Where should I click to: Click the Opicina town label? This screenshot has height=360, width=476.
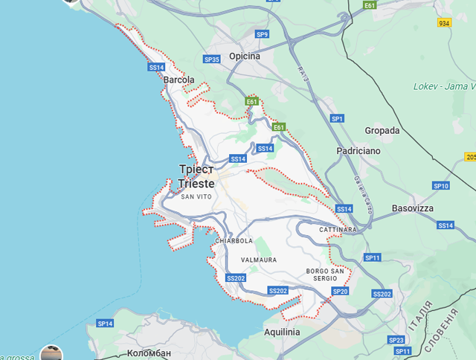[x=245, y=57]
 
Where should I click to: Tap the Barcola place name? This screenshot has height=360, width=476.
[x=178, y=80]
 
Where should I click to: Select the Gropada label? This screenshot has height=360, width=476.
[x=382, y=130]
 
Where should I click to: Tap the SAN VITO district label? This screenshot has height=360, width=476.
[x=197, y=196]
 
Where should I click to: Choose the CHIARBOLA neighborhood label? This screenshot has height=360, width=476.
[x=234, y=241]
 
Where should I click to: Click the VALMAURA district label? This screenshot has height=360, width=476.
[x=259, y=260]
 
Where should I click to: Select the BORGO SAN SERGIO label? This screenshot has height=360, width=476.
[x=327, y=274]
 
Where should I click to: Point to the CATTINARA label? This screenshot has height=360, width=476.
[x=338, y=230]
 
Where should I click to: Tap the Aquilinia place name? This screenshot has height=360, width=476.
[x=282, y=332]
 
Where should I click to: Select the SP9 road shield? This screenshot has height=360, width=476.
[x=262, y=34]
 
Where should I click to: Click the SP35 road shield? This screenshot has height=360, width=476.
[x=211, y=60]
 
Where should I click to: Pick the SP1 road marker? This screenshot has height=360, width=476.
[x=338, y=118]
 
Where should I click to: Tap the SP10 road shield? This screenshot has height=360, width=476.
[x=441, y=186]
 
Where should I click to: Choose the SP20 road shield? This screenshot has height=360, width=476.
[x=339, y=292]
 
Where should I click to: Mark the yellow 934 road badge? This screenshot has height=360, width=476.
[x=445, y=24]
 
